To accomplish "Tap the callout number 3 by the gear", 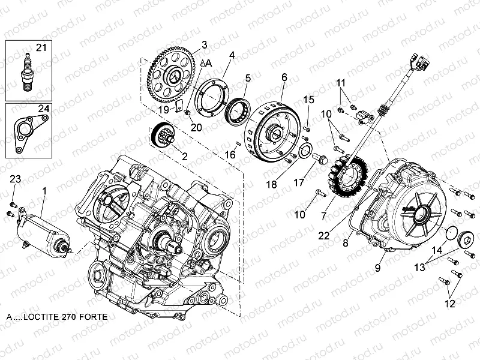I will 205,44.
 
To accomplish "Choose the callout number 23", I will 15,179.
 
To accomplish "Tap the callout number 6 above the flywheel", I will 284,77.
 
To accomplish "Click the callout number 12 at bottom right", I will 449,304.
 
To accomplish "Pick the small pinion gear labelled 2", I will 161,136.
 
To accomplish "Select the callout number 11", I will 340,82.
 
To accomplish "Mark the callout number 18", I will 272,185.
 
